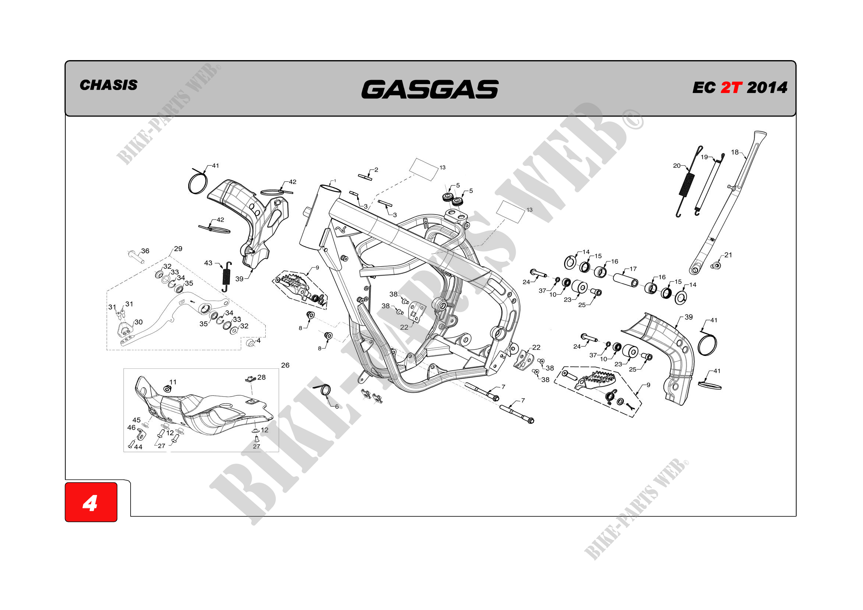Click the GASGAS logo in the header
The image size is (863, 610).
pyautogui.click(x=429, y=89)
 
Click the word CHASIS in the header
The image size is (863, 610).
pyautogui.click(x=108, y=85)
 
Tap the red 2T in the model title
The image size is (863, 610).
pyautogui.click(x=731, y=87)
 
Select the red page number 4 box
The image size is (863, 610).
pyautogui.click(x=91, y=502)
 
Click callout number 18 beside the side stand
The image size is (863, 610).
pyautogui.click(x=735, y=152)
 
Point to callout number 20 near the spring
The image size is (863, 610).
pyautogui.click(x=677, y=166)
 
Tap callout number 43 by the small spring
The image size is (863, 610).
pyautogui.click(x=208, y=263)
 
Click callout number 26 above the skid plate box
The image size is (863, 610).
pyautogui.click(x=285, y=365)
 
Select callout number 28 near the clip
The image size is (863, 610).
pyautogui.click(x=262, y=377)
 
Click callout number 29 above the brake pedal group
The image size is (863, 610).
pyautogui.click(x=178, y=249)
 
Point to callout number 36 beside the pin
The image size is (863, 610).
pyautogui.click(x=145, y=251)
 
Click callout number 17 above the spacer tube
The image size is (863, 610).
pyautogui.click(x=633, y=269)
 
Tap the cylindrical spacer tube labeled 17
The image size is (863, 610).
pyautogui.click(x=625, y=280)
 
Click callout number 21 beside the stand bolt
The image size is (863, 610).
pyautogui.click(x=728, y=255)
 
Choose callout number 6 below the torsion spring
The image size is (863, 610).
pyautogui.click(x=337, y=406)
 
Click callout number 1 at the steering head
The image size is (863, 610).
pyautogui.click(x=335, y=181)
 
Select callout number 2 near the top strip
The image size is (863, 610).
pyautogui.click(x=376, y=170)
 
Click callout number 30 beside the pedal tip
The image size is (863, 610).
pyautogui.click(x=138, y=322)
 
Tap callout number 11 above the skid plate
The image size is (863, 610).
pyautogui.click(x=173, y=382)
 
